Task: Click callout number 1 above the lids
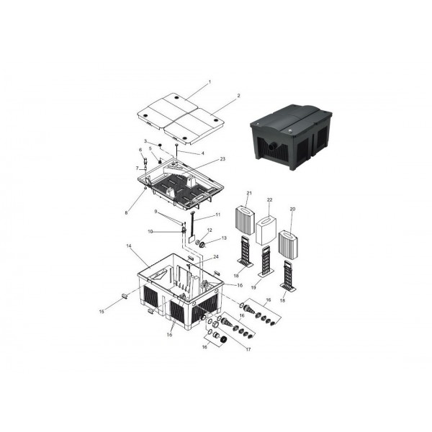coord(210,82)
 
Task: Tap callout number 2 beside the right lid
coord(238,96)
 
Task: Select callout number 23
coord(222,159)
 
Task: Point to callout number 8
coord(126,212)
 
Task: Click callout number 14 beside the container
coord(129,246)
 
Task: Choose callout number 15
coord(102,311)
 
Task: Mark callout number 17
coord(248,349)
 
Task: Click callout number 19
coord(253,287)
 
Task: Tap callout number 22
coord(270,199)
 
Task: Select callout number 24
coord(216,257)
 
